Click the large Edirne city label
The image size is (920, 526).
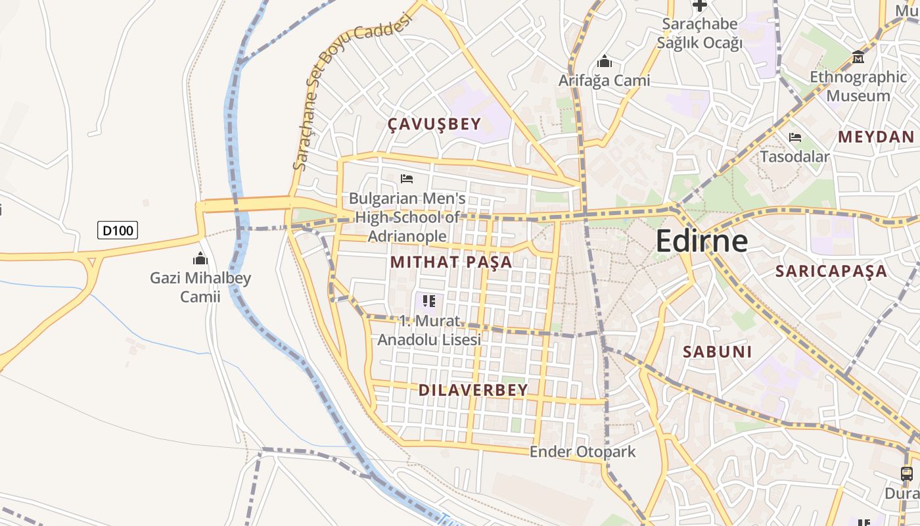pyautogui.click(x=701, y=241)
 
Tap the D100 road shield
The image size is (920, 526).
pyautogui.click(x=118, y=230)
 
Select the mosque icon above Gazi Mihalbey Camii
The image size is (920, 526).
pyautogui.click(x=200, y=258)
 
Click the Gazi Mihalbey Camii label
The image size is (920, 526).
pyautogui.click(x=200, y=287)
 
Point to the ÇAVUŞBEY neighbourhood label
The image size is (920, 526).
pyautogui.click(x=434, y=124)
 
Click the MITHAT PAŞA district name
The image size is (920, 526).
pyautogui.click(x=451, y=262)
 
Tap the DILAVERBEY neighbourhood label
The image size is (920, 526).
pyautogui.click(x=473, y=390)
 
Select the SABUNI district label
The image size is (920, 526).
pyautogui.click(x=717, y=351)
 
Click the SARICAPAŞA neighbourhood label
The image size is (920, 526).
pyautogui.click(x=831, y=271)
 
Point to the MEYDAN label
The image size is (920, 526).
pyautogui.click(x=876, y=137)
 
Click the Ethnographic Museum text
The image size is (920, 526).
pyautogui.click(x=858, y=86)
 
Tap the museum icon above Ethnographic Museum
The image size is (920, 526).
pyautogui.click(x=858, y=57)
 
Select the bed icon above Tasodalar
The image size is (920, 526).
pyautogui.click(x=795, y=137)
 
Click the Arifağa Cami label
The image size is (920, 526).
pyautogui.click(x=604, y=81)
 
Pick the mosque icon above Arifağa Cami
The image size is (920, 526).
pyautogui.click(x=604, y=62)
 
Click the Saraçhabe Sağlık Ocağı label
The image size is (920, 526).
pyautogui.click(x=700, y=34)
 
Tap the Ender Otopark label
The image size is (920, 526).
pyautogui.click(x=582, y=452)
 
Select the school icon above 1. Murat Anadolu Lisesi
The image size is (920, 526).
pyautogui.click(x=429, y=302)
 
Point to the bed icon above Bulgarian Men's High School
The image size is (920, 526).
pyautogui.click(x=407, y=178)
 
